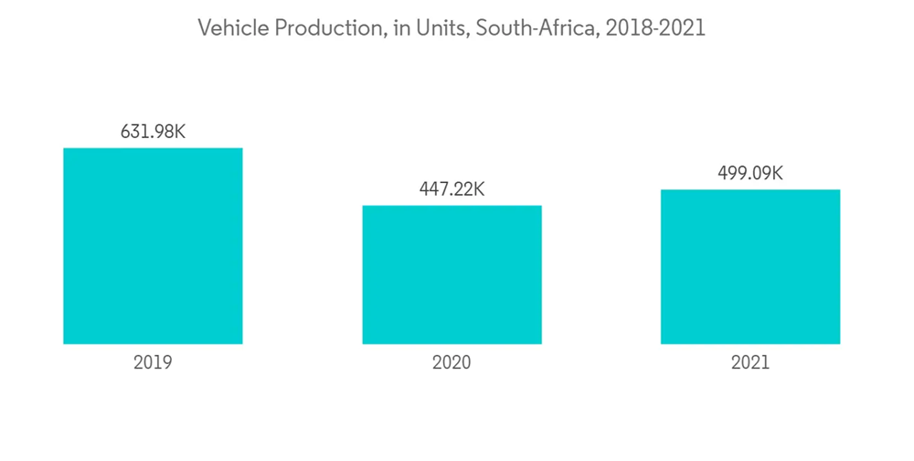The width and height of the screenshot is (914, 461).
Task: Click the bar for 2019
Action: point(153,246)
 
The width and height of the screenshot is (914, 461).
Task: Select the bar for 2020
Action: point(452,274)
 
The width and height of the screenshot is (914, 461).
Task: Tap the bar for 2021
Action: point(750,267)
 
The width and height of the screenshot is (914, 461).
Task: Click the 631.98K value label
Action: point(153,132)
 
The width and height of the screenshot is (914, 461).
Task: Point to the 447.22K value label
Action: point(452,189)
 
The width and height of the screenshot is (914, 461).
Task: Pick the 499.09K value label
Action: point(750,173)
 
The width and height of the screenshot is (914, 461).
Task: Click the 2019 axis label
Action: point(153,362)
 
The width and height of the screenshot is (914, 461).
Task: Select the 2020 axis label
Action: point(452,362)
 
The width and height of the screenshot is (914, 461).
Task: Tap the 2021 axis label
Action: point(750,362)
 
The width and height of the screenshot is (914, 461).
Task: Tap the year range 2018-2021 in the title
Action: point(654,28)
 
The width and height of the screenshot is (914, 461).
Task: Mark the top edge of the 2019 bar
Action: point(153,148)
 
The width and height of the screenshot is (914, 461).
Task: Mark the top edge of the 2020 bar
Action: point(452,206)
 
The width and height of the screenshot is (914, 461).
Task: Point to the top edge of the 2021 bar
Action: point(750,190)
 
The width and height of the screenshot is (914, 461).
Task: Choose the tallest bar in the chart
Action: point(153,246)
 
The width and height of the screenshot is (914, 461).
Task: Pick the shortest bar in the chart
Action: point(452,274)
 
